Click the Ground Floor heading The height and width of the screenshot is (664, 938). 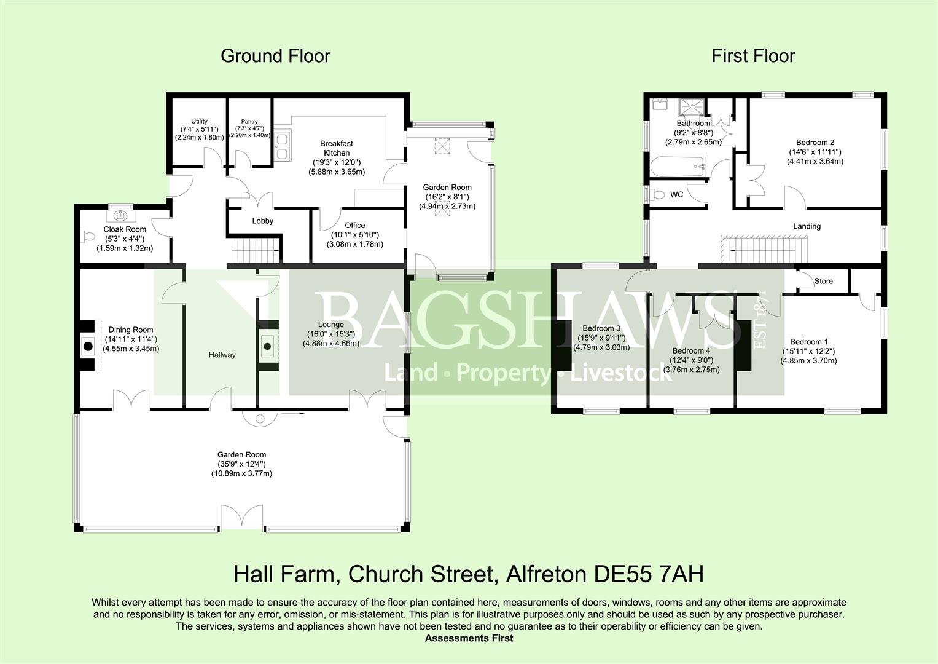tap(276, 56)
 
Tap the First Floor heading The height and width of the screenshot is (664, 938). tap(753, 56)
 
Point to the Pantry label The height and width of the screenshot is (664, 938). tap(249, 122)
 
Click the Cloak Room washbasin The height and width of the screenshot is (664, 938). tap(122, 215)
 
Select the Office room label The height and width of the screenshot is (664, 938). tap(354, 225)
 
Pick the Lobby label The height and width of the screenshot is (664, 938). tap(262, 221)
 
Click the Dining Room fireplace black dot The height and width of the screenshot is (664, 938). tap(88, 346)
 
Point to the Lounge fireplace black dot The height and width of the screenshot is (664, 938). tap(267, 346)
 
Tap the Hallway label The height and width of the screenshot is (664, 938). tap(222, 355)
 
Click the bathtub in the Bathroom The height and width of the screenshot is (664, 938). tap(678, 167)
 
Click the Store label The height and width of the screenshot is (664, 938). tap(823, 282)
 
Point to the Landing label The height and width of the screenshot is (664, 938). tap(807, 226)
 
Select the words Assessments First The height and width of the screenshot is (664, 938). tap(469, 638)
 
